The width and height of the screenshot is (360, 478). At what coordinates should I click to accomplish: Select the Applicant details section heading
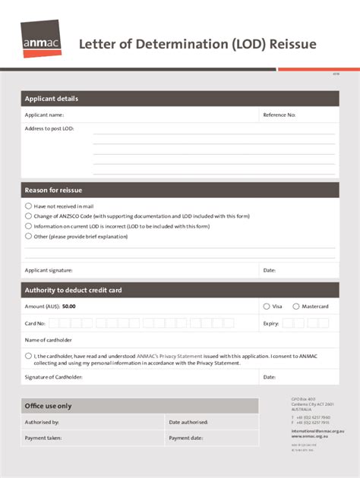[x=51, y=99]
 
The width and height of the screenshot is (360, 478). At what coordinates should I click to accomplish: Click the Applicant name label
[x=44, y=115]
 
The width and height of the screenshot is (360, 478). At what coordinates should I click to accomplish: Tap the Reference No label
[x=279, y=115]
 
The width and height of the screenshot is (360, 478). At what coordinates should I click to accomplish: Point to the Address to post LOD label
[x=49, y=129]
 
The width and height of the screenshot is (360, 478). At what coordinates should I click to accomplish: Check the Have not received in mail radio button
[x=29, y=206]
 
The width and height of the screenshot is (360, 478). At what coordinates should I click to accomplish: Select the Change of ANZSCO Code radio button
[x=29, y=216]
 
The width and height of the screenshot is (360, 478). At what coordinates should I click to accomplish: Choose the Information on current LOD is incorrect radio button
[x=29, y=226]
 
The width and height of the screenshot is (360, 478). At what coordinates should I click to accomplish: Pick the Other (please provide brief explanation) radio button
[x=29, y=236]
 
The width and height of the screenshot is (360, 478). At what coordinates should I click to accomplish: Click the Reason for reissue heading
[x=53, y=190]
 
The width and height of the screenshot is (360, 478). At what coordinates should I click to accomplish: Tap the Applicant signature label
[x=49, y=270]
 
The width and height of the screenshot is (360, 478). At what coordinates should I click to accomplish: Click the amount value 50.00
[x=68, y=307]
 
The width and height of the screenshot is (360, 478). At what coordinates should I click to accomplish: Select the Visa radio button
[x=266, y=307]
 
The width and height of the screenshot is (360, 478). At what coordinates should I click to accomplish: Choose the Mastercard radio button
[x=295, y=307]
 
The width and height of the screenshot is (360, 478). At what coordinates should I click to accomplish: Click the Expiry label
[x=271, y=323]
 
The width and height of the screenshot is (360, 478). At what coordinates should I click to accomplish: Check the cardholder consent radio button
[x=29, y=355]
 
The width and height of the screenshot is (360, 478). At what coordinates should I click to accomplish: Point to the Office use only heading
[x=49, y=406]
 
